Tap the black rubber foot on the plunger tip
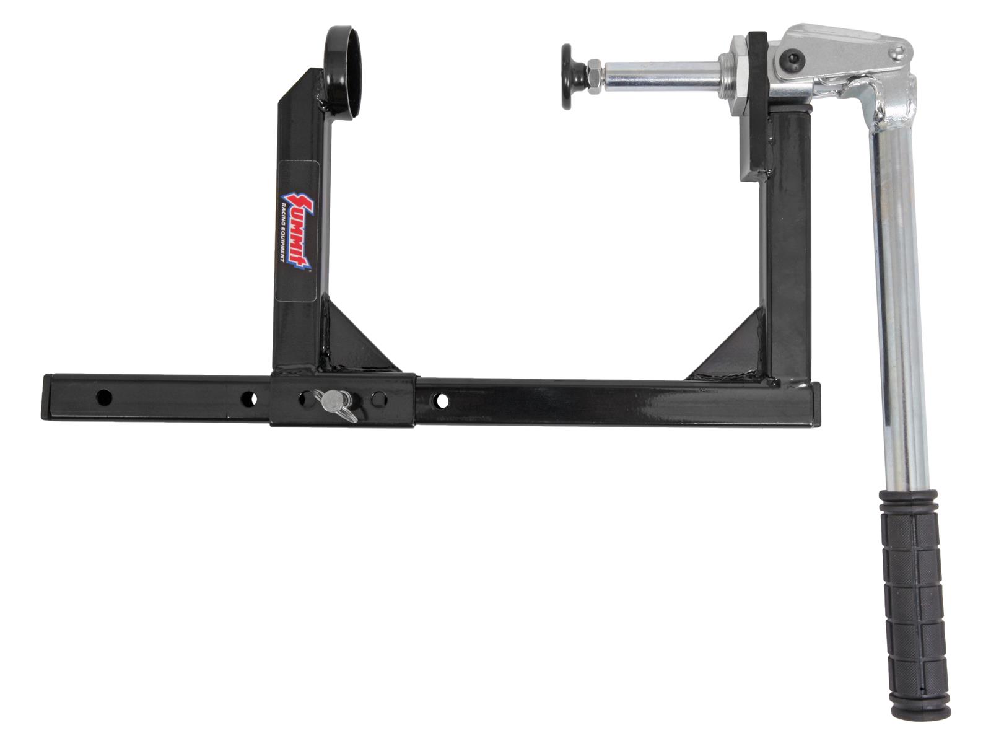click(572, 76)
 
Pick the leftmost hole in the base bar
click(105, 396)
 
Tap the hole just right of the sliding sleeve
click(442, 401)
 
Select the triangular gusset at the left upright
click(352, 341)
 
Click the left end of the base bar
click(46, 397)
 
